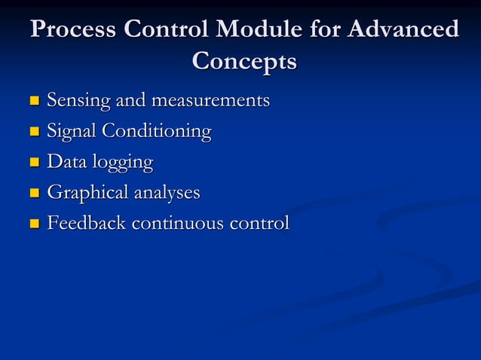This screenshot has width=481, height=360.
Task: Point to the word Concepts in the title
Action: tap(244, 60)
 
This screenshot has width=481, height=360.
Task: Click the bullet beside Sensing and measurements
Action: tap(32, 100)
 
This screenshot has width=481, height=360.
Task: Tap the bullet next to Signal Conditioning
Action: tap(32, 132)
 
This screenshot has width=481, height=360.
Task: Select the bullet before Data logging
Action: tap(32, 163)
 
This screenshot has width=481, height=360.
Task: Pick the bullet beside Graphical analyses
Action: tap(32, 194)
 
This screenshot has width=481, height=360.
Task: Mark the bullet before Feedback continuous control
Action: tap(32, 224)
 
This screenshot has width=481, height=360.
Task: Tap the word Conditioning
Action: tap(157, 132)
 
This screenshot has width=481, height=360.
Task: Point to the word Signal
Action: tap(72, 131)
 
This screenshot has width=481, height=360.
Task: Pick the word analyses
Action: tap(167, 194)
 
